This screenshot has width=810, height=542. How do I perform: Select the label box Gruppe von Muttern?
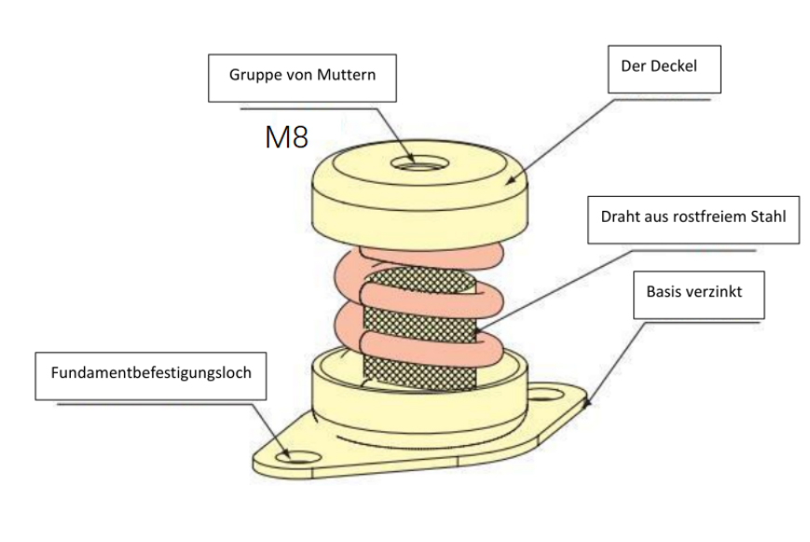(302, 76)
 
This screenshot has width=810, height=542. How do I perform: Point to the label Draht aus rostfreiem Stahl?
(693, 217)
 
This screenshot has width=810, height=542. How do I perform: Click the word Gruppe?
(254, 76)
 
